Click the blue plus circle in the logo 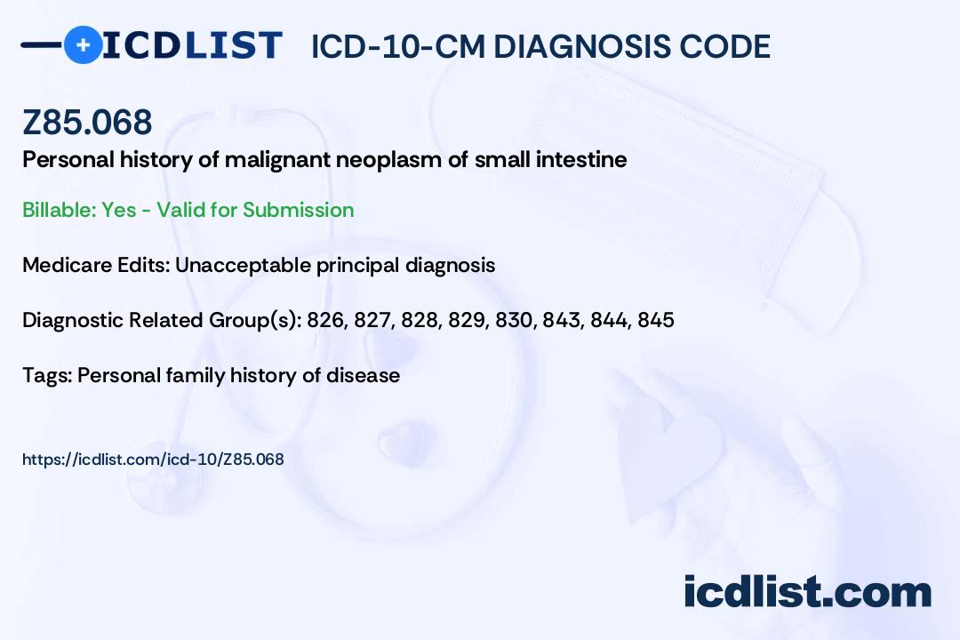[83, 44]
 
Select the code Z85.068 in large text [87, 122]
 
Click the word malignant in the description [277, 161]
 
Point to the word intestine [581, 160]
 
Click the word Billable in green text [59, 210]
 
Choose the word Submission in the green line [298, 210]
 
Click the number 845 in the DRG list [656, 320]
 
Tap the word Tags [48, 375]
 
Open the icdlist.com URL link [153, 460]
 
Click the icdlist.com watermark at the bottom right [807, 592]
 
